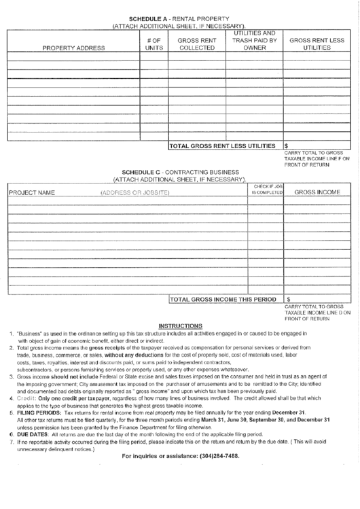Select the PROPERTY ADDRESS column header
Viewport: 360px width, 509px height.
click(x=73, y=48)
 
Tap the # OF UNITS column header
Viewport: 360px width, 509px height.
click(x=153, y=44)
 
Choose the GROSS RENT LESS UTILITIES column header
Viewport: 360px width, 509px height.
click(x=317, y=44)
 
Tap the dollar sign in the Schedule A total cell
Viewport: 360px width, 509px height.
click(x=287, y=145)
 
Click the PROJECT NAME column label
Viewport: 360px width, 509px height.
click(x=31, y=193)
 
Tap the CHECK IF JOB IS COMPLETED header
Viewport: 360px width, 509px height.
click(x=266, y=190)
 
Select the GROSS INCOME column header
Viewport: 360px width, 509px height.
click(x=317, y=192)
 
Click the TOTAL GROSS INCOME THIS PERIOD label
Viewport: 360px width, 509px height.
click(x=222, y=298)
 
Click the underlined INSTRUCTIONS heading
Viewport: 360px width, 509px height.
click(x=179, y=326)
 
